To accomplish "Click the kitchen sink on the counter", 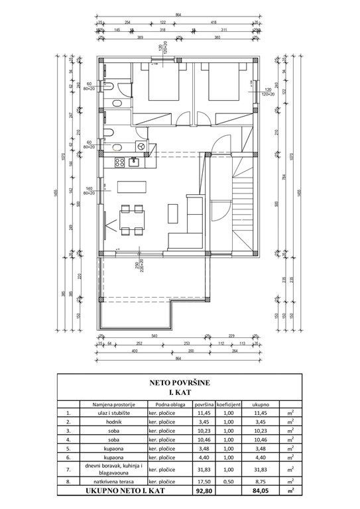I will pos(133,160).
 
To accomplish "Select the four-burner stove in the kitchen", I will pos(119,160).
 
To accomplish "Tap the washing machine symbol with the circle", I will pos(140,145).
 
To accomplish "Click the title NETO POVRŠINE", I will pos(180,382).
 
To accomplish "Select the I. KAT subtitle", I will pos(180,392).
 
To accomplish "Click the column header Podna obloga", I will pos(168,403).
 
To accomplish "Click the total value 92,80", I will pos(203,493).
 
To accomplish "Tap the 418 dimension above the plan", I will pos(213,23).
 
